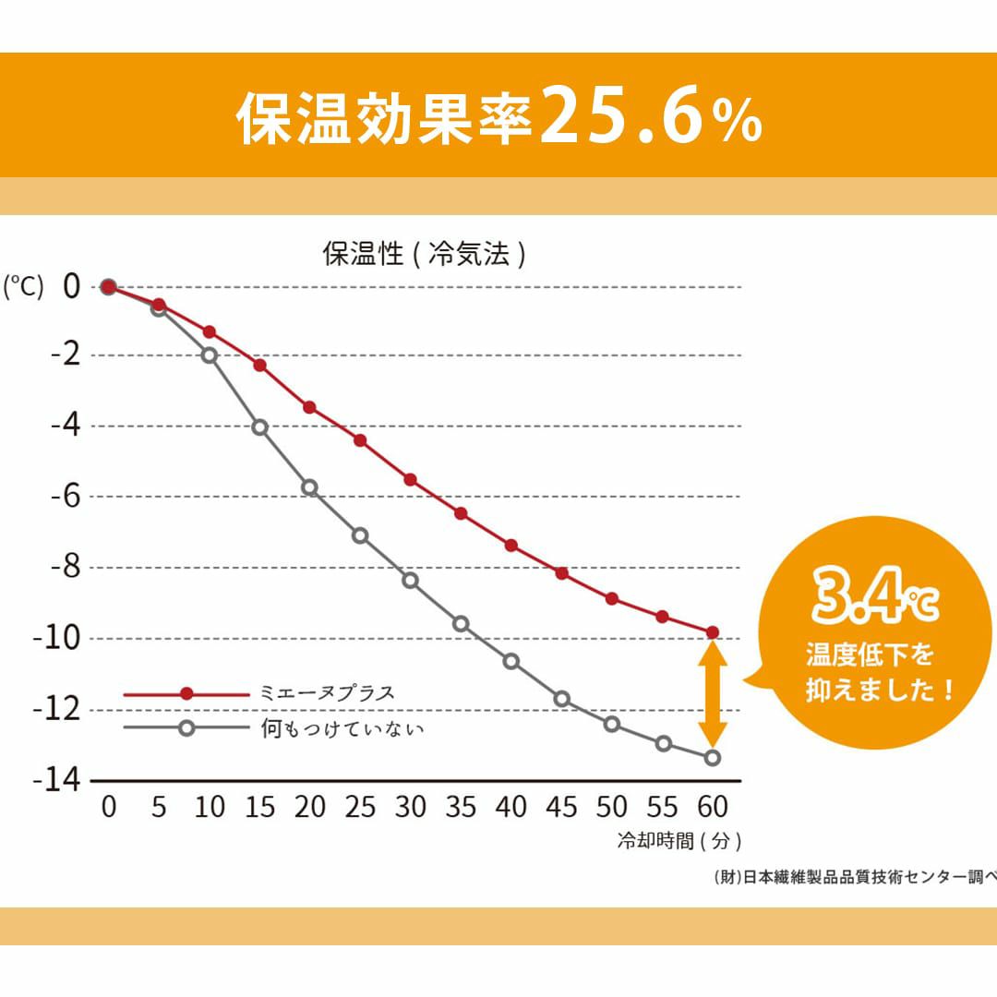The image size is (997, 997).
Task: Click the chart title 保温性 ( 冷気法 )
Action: [x=424, y=254]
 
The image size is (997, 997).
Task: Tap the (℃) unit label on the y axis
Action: [x=23, y=287]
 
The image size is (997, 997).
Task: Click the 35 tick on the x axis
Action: [x=460, y=807]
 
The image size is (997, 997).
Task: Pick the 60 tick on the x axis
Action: [x=712, y=807]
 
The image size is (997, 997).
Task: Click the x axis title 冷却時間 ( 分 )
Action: [x=679, y=841]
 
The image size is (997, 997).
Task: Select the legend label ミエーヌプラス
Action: [x=328, y=693]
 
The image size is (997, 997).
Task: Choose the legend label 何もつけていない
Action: [x=342, y=728]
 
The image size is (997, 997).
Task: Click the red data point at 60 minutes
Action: [x=712, y=632]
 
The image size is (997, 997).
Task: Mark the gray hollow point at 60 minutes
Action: [x=712, y=758]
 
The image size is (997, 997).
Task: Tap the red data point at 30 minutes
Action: [x=410, y=479]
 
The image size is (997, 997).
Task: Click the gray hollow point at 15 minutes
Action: [x=259, y=427]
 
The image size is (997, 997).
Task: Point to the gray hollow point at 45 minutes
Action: [x=561, y=699]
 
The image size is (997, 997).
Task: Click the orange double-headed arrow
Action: [x=712, y=694]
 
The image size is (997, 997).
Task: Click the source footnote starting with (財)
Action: [x=855, y=877]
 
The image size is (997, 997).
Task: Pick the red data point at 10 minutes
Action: [x=210, y=331]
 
